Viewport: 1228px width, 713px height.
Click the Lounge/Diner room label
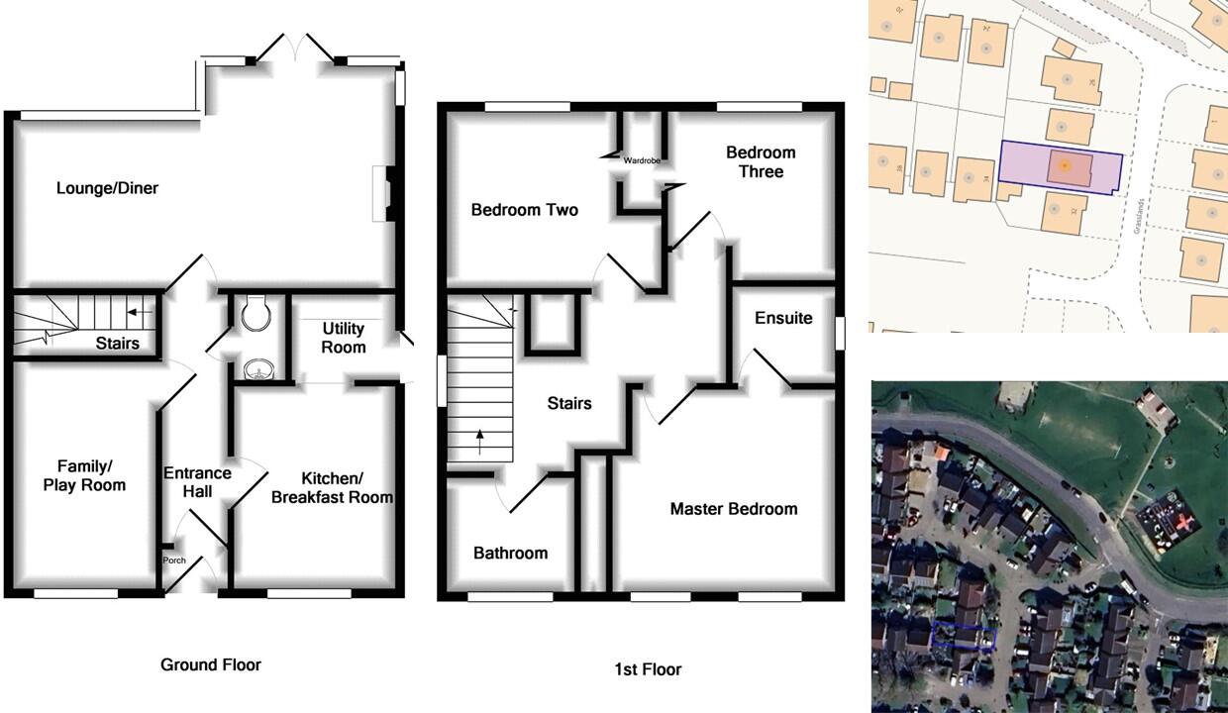pos(107,188)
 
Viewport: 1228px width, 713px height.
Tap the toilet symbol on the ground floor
pos(256,312)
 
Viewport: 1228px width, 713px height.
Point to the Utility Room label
pos(343,338)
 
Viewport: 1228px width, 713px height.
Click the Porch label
pos(174,560)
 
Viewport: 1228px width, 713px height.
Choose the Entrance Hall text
pos(197,482)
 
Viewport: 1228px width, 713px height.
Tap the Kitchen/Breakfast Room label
pos(332,487)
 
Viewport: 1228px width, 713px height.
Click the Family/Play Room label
pos(84,475)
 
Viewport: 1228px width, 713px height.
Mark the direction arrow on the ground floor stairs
pos(140,314)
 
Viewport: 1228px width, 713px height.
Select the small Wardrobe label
pos(642,160)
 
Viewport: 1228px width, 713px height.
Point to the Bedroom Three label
pos(761,162)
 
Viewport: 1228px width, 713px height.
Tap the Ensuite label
pos(783,318)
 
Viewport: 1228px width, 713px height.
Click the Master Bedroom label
pos(733,509)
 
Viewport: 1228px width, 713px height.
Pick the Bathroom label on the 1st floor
pos(510,554)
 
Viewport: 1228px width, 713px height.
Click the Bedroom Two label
pos(524,210)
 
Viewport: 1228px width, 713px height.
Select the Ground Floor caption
pos(211,664)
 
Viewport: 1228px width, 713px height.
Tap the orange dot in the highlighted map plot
pos(1063,165)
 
